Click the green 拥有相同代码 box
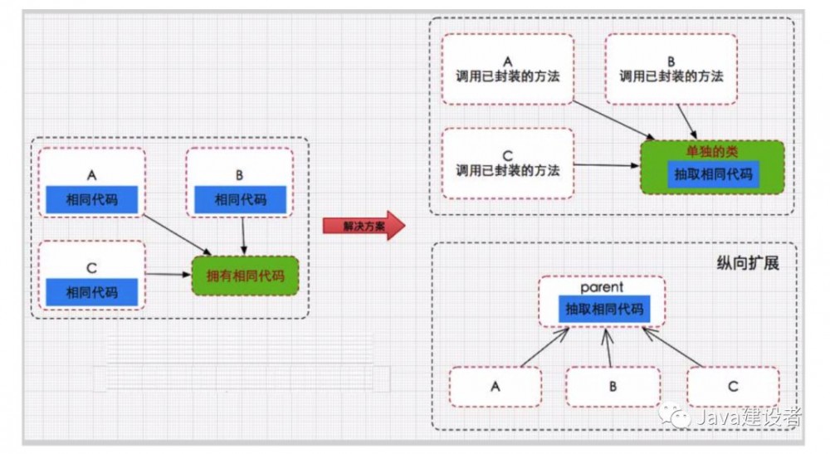245,276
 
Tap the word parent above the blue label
603,286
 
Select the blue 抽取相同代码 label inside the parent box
603,308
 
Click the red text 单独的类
711,152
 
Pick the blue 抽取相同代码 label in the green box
711,174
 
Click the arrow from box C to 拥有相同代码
168,274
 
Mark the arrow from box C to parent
672,347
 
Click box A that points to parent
496,387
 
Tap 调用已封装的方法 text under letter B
671,76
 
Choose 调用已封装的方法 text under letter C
508,171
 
